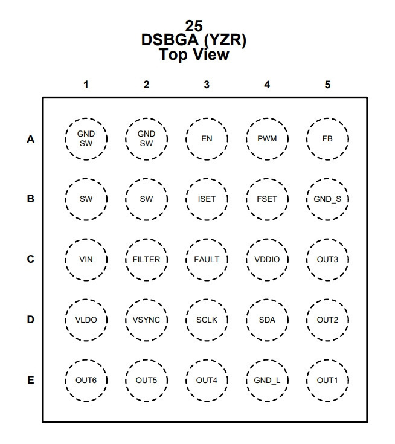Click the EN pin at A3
tap(207, 139)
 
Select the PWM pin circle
tap(267, 139)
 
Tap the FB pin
tap(327, 139)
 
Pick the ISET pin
tap(207, 199)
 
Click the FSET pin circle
tap(267, 199)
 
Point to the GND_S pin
tap(327, 199)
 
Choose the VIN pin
tap(86, 260)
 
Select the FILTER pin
tap(146, 260)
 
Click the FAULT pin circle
tap(207, 260)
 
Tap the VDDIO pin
tap(267, 260)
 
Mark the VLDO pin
tap(86, 320)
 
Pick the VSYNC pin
tap(146, 320)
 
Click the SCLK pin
tap(207, 320)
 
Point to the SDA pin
tap(267, 320)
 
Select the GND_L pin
tap(267, 381)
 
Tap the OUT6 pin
tap(86, 381)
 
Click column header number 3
tap(207, 85)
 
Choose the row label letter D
tap(31, 320)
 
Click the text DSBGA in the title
tap(170, 40)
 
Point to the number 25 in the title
tap(194, 26)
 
